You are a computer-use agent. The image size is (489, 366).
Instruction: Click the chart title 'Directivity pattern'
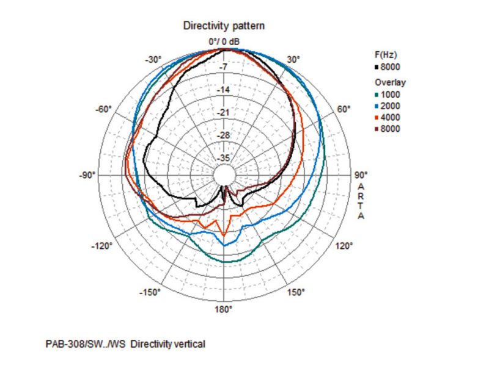click(x=223, y=26)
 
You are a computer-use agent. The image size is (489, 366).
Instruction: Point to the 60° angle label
click(x=344, y=109)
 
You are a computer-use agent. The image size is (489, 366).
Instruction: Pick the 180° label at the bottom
click(x=223, y=309)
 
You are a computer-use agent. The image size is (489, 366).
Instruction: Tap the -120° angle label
click(x=102, y=246)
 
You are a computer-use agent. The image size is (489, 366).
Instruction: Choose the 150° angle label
click(x=295, y=292)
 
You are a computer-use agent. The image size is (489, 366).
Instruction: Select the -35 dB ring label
click(x=224, y=159)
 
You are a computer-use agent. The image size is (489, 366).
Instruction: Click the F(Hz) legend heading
click(x=386, y=54)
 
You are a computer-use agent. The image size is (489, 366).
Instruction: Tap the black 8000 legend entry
click(x=389, y=67)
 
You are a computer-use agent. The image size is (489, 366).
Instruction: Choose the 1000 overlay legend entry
click(x=389, y=94)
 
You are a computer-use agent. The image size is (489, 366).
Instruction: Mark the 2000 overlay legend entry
click(x=389, y=106)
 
